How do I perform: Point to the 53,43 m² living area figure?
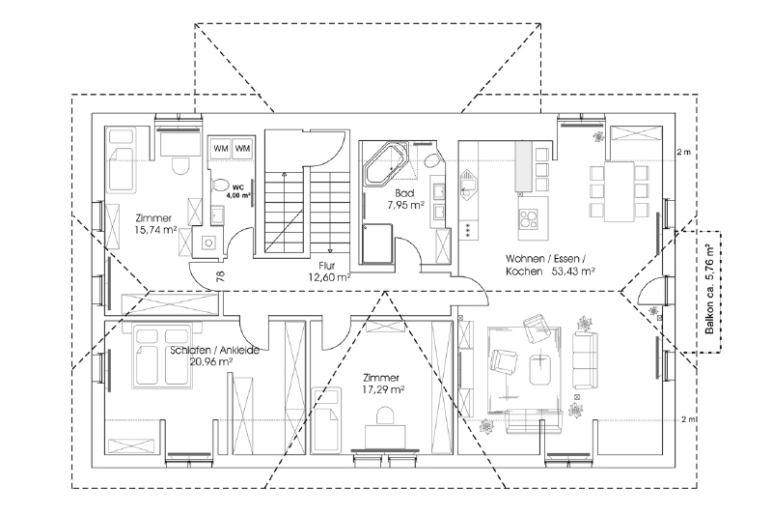[x=569, y=272]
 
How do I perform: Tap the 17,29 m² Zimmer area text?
[x=383, y=390]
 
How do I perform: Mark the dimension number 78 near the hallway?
[x=221, y=277]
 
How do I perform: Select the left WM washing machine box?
[x=220, y=148]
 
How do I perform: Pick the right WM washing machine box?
[x=241, y=148]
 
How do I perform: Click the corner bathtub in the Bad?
[x=386, y=164]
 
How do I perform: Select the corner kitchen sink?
[x=470, y=182]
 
